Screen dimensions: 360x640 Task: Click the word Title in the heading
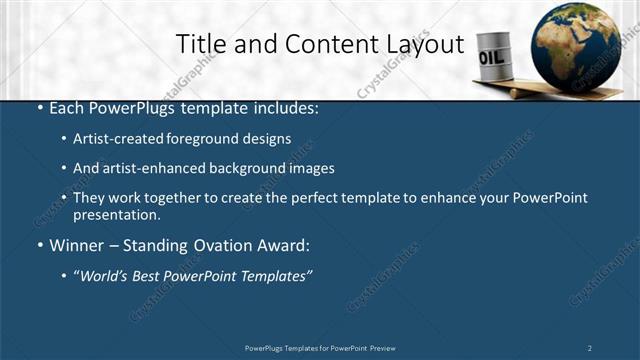199,44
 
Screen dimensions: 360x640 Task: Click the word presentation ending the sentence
116,214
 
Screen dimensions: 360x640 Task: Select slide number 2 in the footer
589,347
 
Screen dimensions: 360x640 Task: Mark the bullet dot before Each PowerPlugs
39,108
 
